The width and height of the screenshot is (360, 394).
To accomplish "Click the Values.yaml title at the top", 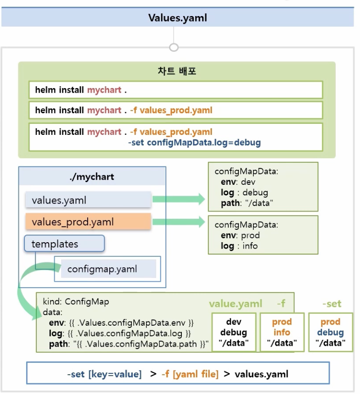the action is click(178, 18).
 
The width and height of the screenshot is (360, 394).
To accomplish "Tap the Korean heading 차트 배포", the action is click(177, 72).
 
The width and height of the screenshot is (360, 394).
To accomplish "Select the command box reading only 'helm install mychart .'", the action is click(175, 90).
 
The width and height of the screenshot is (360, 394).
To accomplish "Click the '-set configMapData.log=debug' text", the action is click(194, 143).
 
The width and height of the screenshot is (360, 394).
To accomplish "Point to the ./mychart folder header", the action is click(92, 177).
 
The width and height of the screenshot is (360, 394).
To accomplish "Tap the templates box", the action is click(64, 244).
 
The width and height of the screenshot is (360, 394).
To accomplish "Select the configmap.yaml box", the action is click(108, 269).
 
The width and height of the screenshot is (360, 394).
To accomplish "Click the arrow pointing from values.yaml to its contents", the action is click(179, 199).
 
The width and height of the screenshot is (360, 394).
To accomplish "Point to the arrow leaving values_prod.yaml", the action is click(179, 222).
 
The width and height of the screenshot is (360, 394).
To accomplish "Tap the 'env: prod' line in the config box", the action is click(240, 235).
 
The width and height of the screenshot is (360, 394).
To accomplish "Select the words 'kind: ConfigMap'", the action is click(76, 302).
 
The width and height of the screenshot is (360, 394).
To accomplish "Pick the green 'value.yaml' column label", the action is click(236, 304).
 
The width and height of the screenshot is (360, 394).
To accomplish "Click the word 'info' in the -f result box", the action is click(281, 332).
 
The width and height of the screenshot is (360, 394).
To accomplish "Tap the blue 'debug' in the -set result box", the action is click(330, 332).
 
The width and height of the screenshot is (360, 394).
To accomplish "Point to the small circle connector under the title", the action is click(174, 47).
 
